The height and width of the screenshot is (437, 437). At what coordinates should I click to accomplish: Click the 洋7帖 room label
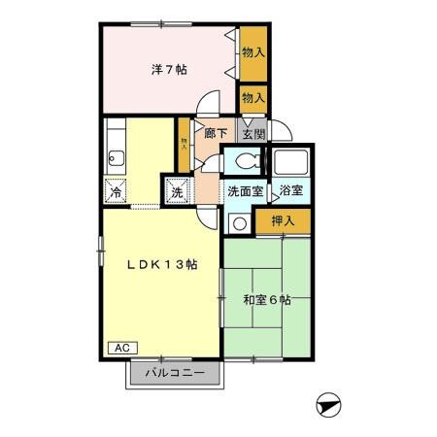[169, 69]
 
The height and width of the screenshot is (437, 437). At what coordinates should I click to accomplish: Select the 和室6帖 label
[266, 300]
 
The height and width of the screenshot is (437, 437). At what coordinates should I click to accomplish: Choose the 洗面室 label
[245, 191]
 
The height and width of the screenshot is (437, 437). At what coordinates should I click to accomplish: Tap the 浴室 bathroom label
[290, 191]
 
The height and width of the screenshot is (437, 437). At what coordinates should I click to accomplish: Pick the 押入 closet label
[284, 220]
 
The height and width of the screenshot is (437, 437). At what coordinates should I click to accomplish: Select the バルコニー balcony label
[175, 372]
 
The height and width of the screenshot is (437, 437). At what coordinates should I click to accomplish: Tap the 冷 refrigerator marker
[117, 191]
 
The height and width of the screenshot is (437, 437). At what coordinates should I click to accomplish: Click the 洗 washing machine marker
[177, 191]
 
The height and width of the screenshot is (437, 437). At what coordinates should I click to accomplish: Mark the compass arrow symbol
[330, 404]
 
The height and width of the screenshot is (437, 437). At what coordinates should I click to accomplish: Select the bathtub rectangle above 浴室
[290, 162]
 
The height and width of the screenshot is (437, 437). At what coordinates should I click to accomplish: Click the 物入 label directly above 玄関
[253, 98]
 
